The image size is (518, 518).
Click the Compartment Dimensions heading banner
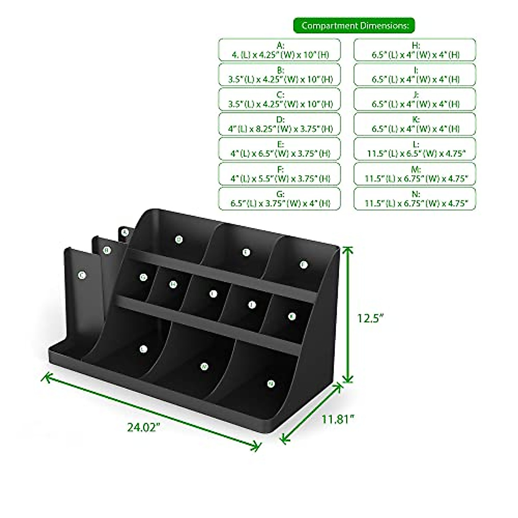pos(354,25)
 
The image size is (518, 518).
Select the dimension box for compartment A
pos(279,50)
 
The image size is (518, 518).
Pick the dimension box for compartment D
pos(279,124)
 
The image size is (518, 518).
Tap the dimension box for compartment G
pos(279,199)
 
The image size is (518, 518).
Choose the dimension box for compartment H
pos(415,50)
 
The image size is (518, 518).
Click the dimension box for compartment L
pos(415,149)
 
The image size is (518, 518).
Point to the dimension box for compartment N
pos(415,199)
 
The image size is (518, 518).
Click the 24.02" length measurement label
pos(144,427)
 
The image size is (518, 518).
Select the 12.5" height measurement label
pos(370,318)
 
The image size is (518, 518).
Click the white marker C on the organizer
pos(81,275)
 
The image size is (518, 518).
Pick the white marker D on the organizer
pos(178,239)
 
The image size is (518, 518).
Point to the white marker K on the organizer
pos(292,316)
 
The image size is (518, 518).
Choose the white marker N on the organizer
pos(271,383)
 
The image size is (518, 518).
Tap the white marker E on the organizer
pos(246,253)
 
